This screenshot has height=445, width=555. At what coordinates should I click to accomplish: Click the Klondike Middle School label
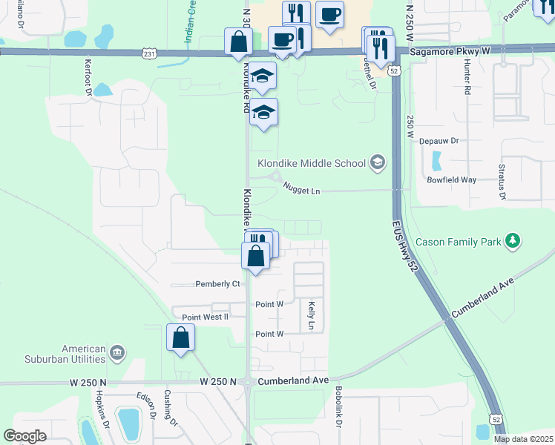(311, 163)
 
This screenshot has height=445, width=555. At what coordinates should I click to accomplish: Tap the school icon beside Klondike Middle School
(378, 163)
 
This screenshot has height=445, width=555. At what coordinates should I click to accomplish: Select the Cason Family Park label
(458, 242)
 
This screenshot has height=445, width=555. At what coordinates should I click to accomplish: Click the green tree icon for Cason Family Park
(512, 241)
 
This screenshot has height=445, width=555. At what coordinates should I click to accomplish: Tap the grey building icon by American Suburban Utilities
(117, 351)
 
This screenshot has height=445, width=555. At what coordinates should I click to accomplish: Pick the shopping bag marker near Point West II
(181, 339)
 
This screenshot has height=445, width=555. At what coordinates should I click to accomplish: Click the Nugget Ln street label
(301, 191)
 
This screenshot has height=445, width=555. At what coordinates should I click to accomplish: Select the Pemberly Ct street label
(217, 284)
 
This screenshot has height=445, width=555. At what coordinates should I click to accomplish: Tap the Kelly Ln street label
(312, 315)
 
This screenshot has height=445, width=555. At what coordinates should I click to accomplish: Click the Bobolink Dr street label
(338, 406)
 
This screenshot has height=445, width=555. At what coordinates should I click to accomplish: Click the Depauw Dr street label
(440, 140)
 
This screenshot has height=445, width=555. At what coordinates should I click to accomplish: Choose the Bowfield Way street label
(451, 179)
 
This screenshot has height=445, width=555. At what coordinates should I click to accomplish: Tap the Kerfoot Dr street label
(88, 76)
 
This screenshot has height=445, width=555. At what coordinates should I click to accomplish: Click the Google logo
(24, 436)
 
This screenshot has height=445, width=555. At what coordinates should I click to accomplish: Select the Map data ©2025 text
(523, 439)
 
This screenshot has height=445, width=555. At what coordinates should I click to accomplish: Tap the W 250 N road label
(217, 381)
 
